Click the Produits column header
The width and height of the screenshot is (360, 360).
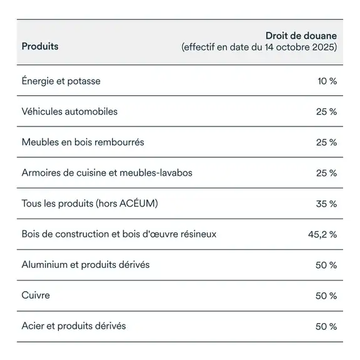point(40,47)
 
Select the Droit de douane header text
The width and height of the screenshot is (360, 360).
point(301,36)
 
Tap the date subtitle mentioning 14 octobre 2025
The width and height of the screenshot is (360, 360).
point(259,48)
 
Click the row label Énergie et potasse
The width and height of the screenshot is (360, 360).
point(61,81)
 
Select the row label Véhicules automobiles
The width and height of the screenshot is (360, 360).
point(69,111)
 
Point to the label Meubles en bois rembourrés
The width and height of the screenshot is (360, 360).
point(83,142)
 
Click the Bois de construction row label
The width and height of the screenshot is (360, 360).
point(119,234)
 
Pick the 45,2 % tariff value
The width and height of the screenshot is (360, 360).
point(322,235)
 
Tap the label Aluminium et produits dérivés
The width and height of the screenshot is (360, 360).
point(86,265)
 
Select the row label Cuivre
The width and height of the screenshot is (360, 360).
point(36,295)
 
